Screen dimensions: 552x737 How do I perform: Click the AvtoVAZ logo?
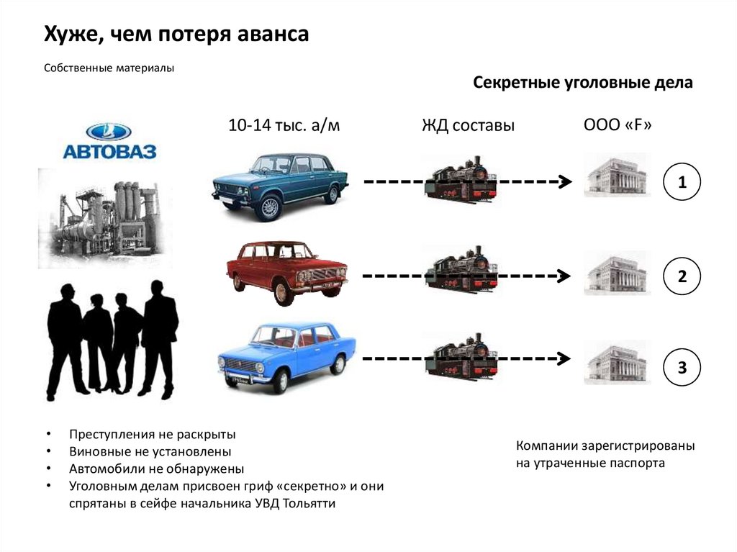109,141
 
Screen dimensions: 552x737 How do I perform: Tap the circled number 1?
682,184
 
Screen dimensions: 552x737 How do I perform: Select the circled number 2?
682,276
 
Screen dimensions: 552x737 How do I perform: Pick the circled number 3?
682,367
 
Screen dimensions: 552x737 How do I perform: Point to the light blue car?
286,357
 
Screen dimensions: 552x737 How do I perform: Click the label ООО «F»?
618,125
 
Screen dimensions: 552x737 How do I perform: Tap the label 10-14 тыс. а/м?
284,125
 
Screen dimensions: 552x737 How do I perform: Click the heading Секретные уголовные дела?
583,83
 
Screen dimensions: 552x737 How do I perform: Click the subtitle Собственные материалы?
109,68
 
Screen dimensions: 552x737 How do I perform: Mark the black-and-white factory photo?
100,215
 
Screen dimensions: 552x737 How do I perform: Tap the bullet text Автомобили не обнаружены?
157,469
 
